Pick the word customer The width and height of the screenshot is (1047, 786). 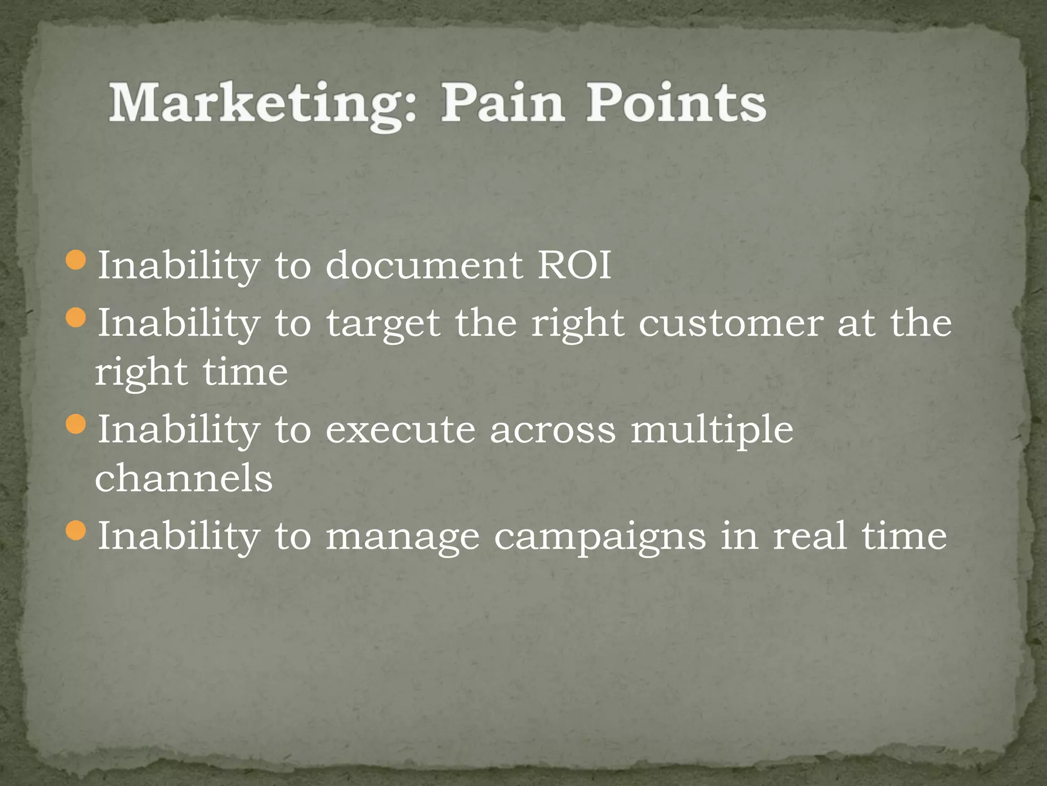(x=731, y=323)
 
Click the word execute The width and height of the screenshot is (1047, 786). (x=400, y=430)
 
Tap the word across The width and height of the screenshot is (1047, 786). (x=553, y=430)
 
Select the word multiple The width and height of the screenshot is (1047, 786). (x=712, y=430)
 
